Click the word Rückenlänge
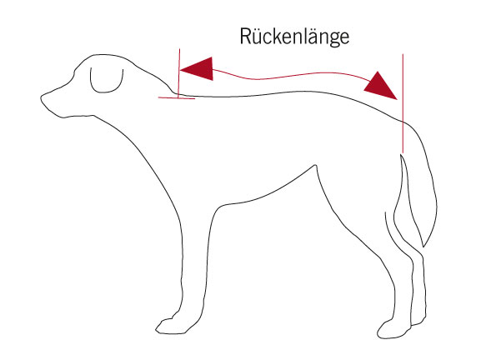(294, 37)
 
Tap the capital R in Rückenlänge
(245, 37)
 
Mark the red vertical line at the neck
(179, 73)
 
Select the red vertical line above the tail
(403, 103)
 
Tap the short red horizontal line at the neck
(177, 98)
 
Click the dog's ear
(106, 81)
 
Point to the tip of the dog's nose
(41, 97)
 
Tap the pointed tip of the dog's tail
(423, 246)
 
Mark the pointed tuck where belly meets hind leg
(315, 166)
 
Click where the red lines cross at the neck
(178, 98)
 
